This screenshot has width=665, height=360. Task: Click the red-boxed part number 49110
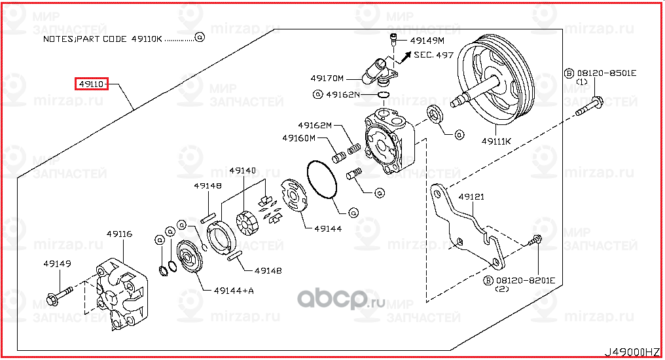tap(91, 84)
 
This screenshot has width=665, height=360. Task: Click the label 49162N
tap(340, 94)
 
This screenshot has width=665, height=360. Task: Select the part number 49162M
tap(315, 125)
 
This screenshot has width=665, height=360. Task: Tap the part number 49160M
tap(299, 138)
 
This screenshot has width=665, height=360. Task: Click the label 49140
tap(243, 170)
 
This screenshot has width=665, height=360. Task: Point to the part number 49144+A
tap(234, 290)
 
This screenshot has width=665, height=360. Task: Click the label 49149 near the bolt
tap(58, 264)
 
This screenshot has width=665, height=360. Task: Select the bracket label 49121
tap(471, 196)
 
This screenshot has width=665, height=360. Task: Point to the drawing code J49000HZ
tap(631, 352)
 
